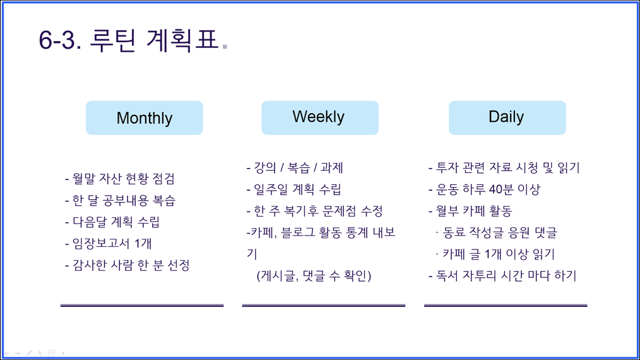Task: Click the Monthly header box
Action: click(144, 117)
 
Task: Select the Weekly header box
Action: click(320, 117)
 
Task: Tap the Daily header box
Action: click(507, 117)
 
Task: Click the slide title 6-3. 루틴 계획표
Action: click(129, 40)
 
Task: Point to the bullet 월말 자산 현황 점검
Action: click(120, 179)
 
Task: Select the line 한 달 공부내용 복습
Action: click(120, 200)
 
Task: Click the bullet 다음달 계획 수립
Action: click(112, 222)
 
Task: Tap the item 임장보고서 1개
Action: click(109, 244)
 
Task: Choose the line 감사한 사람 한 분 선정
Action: click(127, 265)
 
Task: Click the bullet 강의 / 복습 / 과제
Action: click(295, 167)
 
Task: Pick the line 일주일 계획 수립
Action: click(294, 189)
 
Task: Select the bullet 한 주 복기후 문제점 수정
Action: click(315, 211)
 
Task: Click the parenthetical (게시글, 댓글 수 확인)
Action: click(314, 276)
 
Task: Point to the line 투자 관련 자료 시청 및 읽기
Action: click(504, 167)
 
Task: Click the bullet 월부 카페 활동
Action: click(470, 211)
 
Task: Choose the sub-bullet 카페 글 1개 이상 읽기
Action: click(495, 254)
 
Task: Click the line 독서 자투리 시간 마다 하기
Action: click(502, 276)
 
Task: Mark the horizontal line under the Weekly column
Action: click(324, 305)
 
